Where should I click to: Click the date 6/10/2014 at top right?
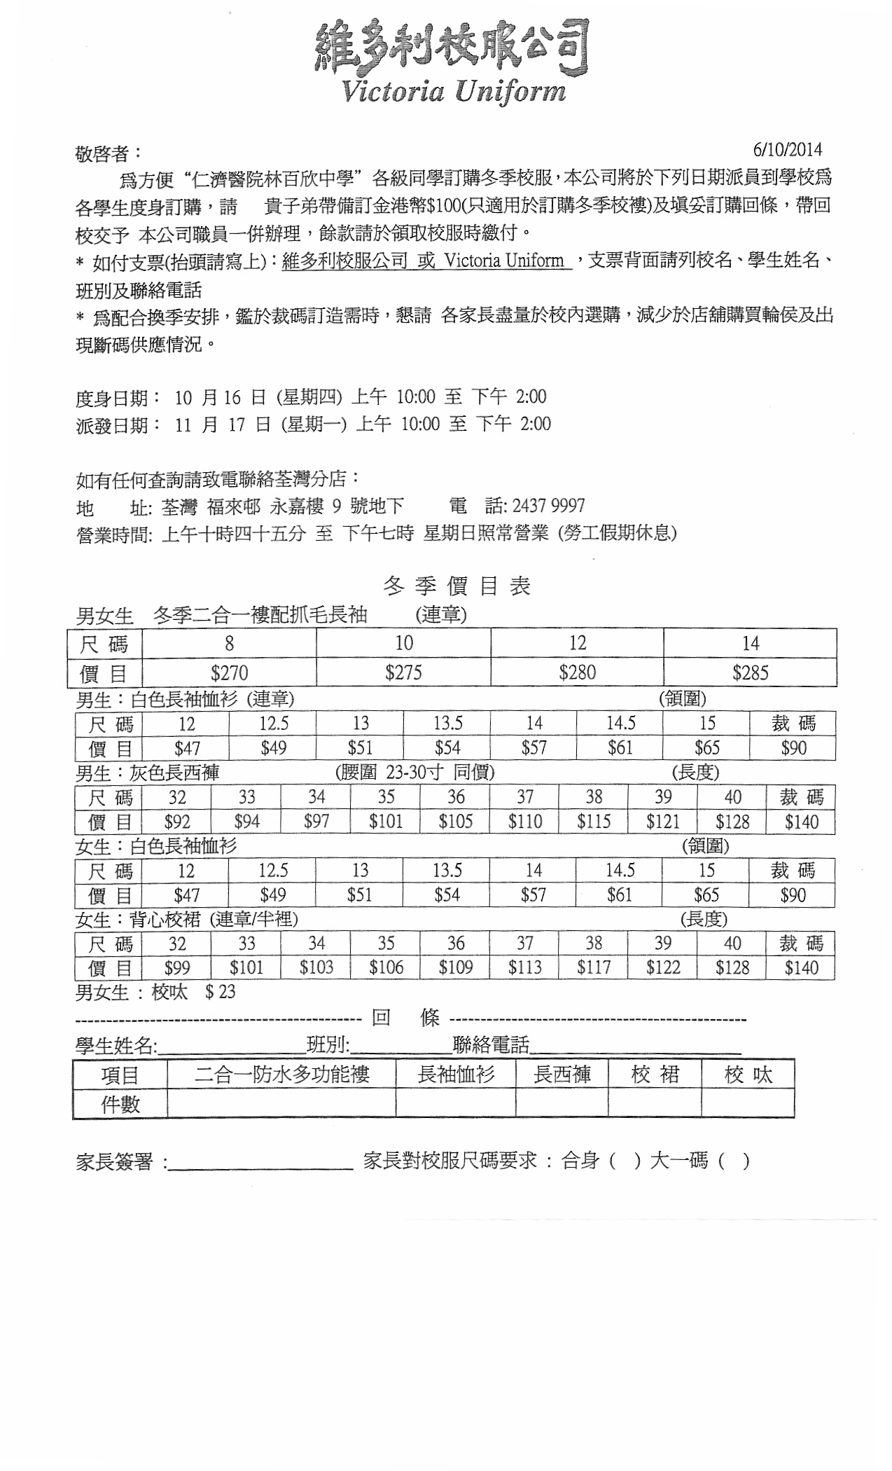tap(787, 149)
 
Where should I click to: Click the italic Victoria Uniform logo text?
tap(453, 92)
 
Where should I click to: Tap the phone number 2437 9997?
tap(548, 506)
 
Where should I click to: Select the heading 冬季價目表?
tap(457, 586)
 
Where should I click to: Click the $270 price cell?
tap(229, 673)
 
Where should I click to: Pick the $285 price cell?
tap(750, 673)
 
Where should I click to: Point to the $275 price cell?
tap(403, 673)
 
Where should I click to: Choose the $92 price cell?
tap(177, 822)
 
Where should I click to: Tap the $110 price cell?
tap(524, 822)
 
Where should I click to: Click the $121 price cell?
tap(662, 822)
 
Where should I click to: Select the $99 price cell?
tap(177, 968)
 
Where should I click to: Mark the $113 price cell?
tap(524, 968)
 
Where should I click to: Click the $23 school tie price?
tap(220, 992)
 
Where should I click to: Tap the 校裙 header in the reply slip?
tap(655, 1075)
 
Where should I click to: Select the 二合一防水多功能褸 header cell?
tap(281, 1075)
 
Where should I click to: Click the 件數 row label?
tap(120, 1104)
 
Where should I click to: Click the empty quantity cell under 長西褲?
tap(562, 1104)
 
